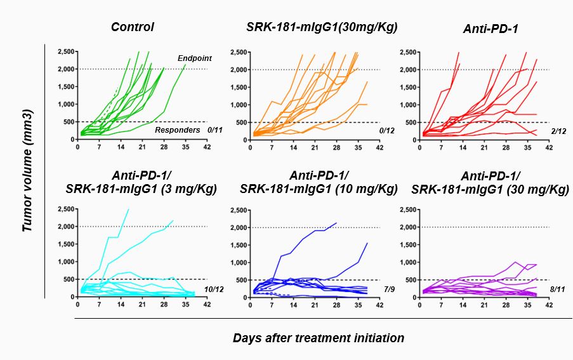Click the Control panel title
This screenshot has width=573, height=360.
point(133,27)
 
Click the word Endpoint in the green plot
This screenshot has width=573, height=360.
point(194,58)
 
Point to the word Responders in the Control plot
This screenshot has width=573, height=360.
point(174,130)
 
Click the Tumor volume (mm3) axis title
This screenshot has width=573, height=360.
point(27,171)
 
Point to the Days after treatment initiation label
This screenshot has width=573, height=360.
point(319,338)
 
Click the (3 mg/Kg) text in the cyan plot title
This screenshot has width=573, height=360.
point(193,189)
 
